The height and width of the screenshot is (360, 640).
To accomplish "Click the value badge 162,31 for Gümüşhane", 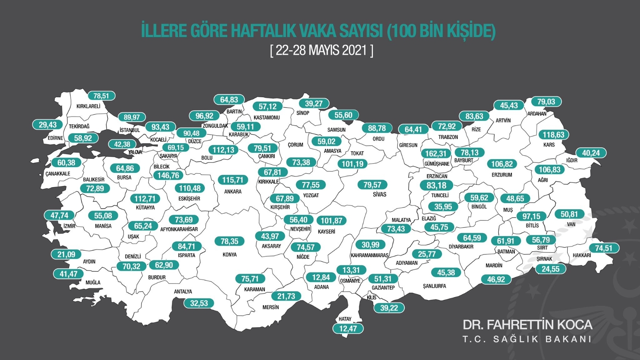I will [436, 154].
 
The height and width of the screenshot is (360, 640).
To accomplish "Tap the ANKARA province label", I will [233, 192].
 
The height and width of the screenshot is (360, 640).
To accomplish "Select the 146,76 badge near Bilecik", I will [168, 175].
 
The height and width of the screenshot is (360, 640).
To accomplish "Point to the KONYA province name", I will [230, 254].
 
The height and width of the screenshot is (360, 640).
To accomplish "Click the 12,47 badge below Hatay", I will [348, 328].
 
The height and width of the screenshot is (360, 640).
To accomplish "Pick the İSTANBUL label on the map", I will [130, 130].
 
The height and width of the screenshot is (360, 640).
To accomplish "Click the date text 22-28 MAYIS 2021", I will [322, 50].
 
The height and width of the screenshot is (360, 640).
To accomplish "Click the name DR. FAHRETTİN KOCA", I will [527, 324].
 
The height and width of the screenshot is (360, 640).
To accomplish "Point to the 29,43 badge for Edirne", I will [48, 125].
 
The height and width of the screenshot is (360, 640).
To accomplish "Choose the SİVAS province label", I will [380, 194].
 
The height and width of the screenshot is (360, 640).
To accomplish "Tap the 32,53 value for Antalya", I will [199, 303].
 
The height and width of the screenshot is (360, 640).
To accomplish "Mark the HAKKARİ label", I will [582, 255].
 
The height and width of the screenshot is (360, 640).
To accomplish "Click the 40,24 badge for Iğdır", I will [591, 153].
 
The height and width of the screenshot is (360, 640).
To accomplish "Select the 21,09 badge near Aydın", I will [66, 254].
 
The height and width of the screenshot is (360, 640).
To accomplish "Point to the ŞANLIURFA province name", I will [434, 286].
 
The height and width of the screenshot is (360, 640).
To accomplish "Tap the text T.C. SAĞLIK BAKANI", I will [527, 339].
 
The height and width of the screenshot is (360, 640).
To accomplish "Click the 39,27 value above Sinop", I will [314, 104].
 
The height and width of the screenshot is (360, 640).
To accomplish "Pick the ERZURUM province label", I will [502, 175].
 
